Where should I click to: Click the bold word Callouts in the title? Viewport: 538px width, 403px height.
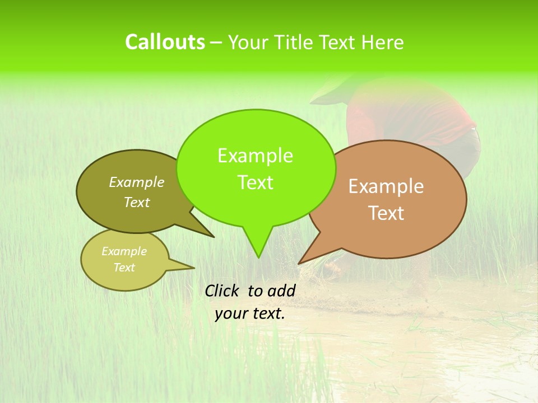coord(165,42)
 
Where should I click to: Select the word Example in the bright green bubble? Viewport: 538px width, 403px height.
coord(255,156)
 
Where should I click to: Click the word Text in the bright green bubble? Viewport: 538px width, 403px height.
coord(255,182)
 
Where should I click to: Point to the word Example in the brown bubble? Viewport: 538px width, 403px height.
coord(386,186)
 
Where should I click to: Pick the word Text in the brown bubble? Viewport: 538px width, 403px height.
coord(386,213)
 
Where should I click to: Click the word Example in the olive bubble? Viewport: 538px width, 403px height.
coord(137,182)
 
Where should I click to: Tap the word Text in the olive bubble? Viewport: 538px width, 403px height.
coord(137,203)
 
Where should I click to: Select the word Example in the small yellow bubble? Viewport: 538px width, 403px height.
coord(124,251)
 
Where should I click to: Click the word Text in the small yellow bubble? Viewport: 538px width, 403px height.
coord(124,268)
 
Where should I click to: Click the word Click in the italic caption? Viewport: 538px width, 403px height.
coord(223,290)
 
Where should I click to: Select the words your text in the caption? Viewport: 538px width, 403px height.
coord(250,313)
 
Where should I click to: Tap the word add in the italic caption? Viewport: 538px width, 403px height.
coord(282,290)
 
